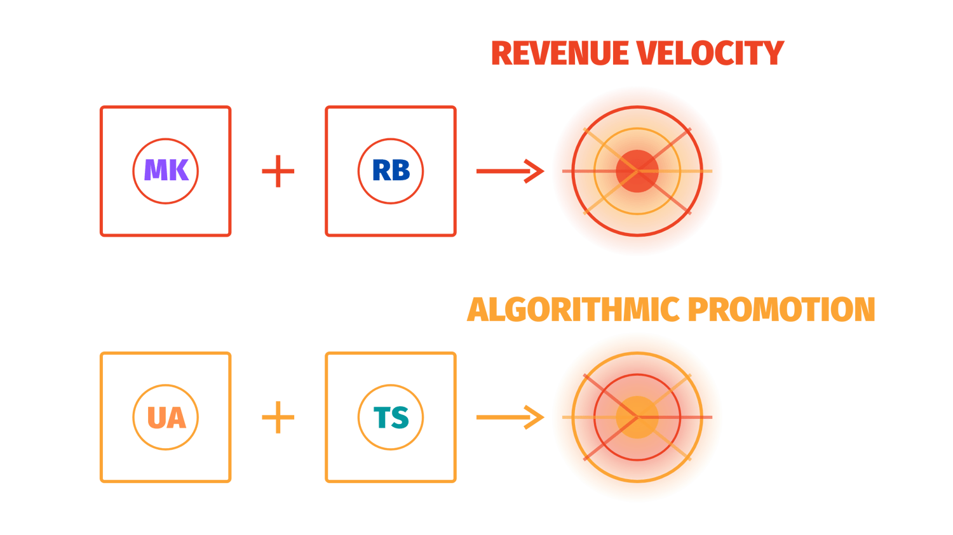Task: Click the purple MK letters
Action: [x=166, y=170]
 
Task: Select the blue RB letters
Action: [x=391, y=170]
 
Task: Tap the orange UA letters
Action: [x=166, y=417]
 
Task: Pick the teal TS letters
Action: [x=391, y=417]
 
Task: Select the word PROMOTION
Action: [x=781, y=310]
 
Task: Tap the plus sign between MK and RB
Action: [x=278, y=171]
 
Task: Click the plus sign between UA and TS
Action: [x=278, y=417]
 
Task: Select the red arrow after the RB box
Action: [x=510, y=171]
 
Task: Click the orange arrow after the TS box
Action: [x=510, y=417]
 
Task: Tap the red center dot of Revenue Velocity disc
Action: [x=637, y=171]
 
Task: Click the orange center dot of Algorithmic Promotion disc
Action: [x=637, y=417]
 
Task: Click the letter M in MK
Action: [x=154, y=170]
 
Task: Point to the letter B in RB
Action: [x=401, y=170]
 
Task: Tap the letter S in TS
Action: [x=401, y=417]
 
